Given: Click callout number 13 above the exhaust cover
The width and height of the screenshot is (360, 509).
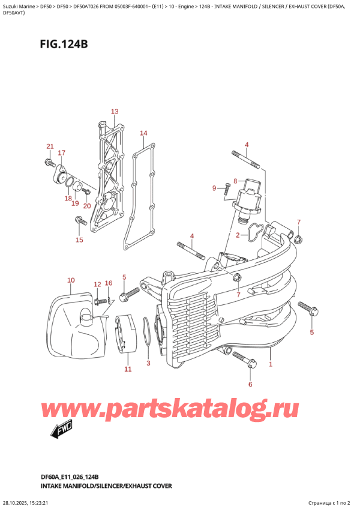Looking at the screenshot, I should [114, 112].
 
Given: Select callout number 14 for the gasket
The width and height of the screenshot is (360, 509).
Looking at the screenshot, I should [143, 133].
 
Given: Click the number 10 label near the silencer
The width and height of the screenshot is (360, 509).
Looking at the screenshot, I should [71, 280].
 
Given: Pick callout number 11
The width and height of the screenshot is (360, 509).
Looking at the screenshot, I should [127, 370].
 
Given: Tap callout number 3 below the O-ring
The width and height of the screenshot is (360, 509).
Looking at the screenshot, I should [149, 364].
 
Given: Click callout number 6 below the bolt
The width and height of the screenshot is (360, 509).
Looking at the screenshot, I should [250, 384].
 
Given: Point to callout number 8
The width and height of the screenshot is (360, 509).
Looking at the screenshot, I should [235, 181].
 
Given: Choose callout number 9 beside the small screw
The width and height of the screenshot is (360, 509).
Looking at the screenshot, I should [214, 188].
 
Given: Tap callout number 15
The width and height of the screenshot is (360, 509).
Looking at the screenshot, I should [79, 241].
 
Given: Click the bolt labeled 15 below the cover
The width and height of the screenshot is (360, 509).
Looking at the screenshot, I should [79, 221].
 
